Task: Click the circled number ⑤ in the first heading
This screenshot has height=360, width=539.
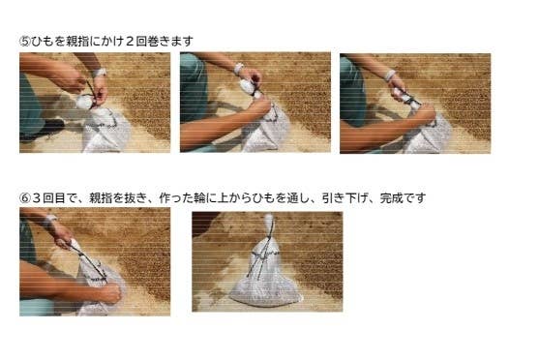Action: [25, 41]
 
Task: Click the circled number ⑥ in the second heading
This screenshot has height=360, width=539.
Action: [25, 197]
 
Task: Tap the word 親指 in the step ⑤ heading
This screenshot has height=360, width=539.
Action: [79, 41]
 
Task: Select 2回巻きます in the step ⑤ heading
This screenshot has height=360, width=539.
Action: [158, 41]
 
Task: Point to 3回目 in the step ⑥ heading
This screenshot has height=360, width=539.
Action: [50, 197]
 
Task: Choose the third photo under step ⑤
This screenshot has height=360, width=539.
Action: [414, 103]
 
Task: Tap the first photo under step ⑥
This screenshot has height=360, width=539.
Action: [94, 261]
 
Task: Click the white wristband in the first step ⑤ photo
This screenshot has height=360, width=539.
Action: [100, 73]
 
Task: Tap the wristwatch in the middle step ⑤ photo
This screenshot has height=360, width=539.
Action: [238, 68]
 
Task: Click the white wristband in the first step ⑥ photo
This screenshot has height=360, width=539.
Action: [50, 221]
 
